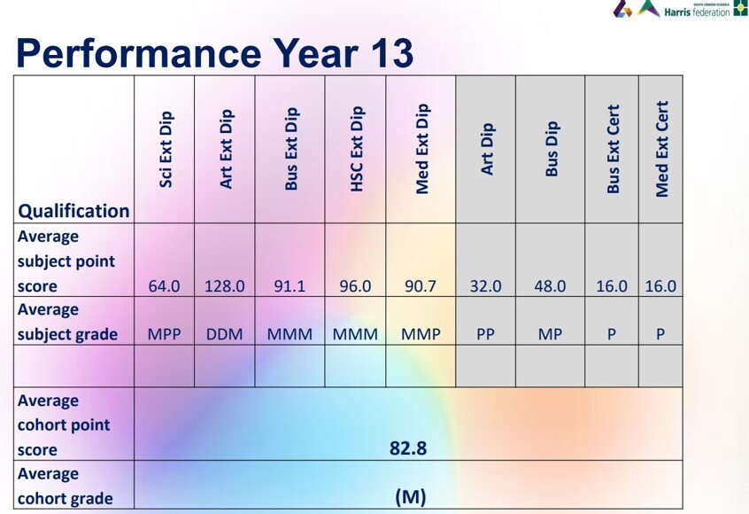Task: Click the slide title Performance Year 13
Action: [x=214, y=53]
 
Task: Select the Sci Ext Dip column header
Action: [x=166, y=149]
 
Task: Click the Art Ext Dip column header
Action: [x=226, y=149]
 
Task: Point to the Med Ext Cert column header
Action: [x=661, y=148]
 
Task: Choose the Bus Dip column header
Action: [x=552, y=149]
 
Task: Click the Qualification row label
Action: [x=73, y=211]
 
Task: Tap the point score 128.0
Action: [x=225, y=286]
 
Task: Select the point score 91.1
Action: [x=290, y=286]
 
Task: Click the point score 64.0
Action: [x=164, y=286]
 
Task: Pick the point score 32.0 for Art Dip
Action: [x=485, y=286]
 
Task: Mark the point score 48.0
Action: [x=549, y=286]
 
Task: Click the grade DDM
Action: [x=225, y=335]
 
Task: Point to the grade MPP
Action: [x=164, y=335]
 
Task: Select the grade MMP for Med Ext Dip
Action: [x=421, y=335]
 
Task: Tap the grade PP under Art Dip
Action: [x=485, y=335]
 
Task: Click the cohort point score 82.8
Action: [x=408, y=448]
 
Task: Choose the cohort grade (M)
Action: [x=410, y=497]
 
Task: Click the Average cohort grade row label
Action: [x=66, y=486]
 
